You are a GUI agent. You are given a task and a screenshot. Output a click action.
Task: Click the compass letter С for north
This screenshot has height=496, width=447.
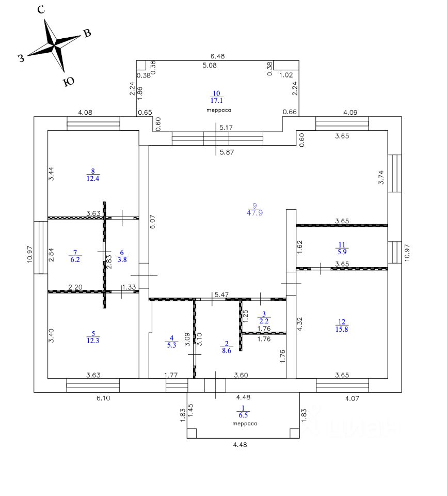(41, 10)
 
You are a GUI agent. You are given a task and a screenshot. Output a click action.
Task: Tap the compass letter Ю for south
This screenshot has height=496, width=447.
(69, 82)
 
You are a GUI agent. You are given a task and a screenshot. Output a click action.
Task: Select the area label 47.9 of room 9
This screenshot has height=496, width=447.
(255, 213)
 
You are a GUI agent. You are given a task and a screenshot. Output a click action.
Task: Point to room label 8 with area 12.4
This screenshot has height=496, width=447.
(93, 175)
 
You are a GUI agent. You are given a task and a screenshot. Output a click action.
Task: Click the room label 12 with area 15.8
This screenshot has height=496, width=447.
(342, 326)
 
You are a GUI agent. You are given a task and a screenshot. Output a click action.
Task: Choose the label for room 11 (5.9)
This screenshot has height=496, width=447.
(342, 249)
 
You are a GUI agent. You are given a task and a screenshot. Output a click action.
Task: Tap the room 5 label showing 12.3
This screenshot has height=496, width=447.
(93, 337)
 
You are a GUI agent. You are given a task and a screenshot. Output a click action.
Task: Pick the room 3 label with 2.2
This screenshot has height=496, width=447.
(264, 318)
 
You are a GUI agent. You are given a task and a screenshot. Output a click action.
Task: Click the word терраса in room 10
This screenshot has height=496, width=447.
(219, 110)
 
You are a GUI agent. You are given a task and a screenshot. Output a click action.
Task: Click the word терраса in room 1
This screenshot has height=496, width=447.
(245, 424)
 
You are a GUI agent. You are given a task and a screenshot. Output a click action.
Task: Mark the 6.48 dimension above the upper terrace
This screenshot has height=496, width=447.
(217, 56)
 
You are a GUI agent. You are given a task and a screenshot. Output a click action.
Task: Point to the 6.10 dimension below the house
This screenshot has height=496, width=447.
(103, 398)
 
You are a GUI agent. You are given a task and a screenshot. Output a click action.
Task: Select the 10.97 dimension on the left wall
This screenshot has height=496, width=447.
(30, 254)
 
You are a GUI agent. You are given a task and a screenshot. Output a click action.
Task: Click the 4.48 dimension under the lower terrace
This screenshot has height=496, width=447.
(240, 444)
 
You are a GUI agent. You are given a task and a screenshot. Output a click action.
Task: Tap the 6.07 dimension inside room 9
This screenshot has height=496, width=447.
(153, 222)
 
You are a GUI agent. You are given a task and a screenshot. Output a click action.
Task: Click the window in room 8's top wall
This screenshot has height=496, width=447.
(93, 123)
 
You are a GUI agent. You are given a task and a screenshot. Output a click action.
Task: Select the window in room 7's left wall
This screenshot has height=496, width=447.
(41, 247)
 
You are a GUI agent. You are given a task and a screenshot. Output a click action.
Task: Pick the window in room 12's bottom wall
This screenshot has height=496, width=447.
(342, 385)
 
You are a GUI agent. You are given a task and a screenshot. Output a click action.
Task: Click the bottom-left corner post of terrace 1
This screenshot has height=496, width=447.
(191, 433)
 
